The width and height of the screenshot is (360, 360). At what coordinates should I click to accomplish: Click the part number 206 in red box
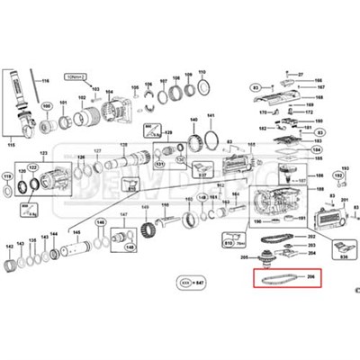pyautogui.click(x=311, y=276)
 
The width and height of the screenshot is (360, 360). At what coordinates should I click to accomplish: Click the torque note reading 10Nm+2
pyautogui.click(x=75, y=79)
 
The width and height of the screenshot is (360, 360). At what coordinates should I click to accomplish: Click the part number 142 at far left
pyautogui.click(x=9, y=246)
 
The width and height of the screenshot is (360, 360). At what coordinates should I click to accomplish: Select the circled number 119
pyautogui.click(x=8, y=176)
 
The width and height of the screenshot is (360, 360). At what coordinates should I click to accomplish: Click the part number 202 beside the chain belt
pyautogui.click(x=311, y=236)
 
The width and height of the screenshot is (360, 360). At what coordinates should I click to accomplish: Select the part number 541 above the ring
pyautogui.click(x=211, y=116)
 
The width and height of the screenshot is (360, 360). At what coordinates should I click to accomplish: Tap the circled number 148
pyautogui.click(x=130, y=247)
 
